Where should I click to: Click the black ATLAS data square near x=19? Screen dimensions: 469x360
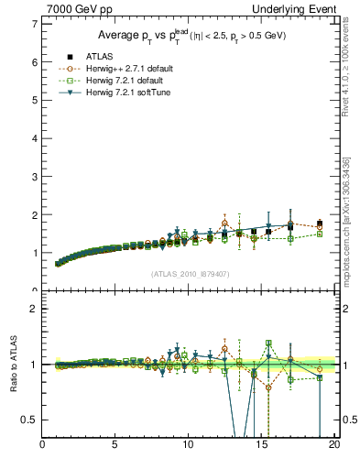point(319,224)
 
